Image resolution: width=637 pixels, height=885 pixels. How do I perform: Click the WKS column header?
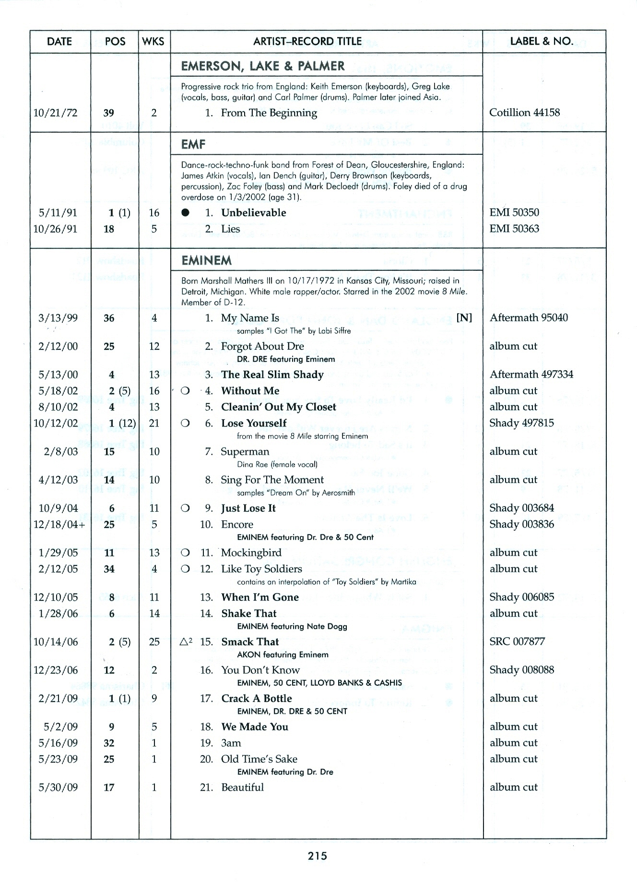[153, 42]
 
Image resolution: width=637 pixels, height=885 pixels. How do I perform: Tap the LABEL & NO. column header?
[542, 42]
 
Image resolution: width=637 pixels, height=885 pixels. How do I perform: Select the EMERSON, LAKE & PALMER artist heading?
[262, 66]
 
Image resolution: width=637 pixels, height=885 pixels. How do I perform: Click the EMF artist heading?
[193, 144]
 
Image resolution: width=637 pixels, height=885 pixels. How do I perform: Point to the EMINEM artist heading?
[206, 261]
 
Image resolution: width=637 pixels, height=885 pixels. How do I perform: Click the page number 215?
[318, 856]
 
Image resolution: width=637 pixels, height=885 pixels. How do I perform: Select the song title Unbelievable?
[253, 213]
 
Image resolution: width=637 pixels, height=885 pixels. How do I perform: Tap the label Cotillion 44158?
[524, 113]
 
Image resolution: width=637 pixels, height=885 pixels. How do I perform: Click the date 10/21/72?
[55, 113]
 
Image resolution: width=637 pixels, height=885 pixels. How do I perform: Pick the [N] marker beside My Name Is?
[464, 318]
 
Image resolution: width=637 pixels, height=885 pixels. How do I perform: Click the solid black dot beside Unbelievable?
[186, 213]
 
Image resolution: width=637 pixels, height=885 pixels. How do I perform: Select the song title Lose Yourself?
[254, 423]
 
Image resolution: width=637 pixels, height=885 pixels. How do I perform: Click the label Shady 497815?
[521, 423]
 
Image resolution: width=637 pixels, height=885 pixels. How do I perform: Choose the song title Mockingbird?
[251, 553]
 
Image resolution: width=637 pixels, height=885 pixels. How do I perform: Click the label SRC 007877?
[517, 642]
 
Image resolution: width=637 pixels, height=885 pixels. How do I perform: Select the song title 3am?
[231, 743]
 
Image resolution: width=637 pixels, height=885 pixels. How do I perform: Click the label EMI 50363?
[514, 229]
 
